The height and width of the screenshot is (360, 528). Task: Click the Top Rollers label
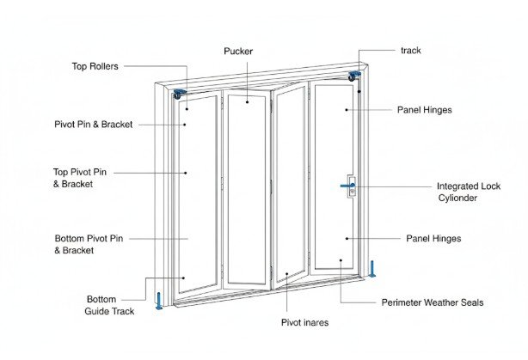95,66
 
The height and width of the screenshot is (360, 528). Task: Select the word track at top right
411,50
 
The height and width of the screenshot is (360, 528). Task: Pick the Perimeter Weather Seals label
433,302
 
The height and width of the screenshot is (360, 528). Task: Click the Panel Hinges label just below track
425,110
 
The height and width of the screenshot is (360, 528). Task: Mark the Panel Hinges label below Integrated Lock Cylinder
433,238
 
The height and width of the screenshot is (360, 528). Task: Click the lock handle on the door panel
351,186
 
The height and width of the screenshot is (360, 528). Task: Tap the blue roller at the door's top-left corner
181,93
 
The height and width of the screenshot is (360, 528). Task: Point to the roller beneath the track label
353,77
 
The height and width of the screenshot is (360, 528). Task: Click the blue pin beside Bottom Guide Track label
158,302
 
